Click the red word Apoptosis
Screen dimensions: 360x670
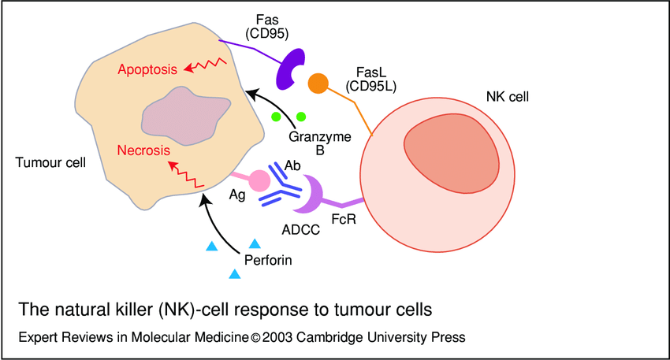(x=147, y=69)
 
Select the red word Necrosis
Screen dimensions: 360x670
(x=145, y=150)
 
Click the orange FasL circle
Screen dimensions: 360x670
(x=318, y=83)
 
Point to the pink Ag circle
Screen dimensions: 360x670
(x=259, y=181)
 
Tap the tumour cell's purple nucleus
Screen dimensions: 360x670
(x=181, y=117)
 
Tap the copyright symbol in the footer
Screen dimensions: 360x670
(x=255, y=337)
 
